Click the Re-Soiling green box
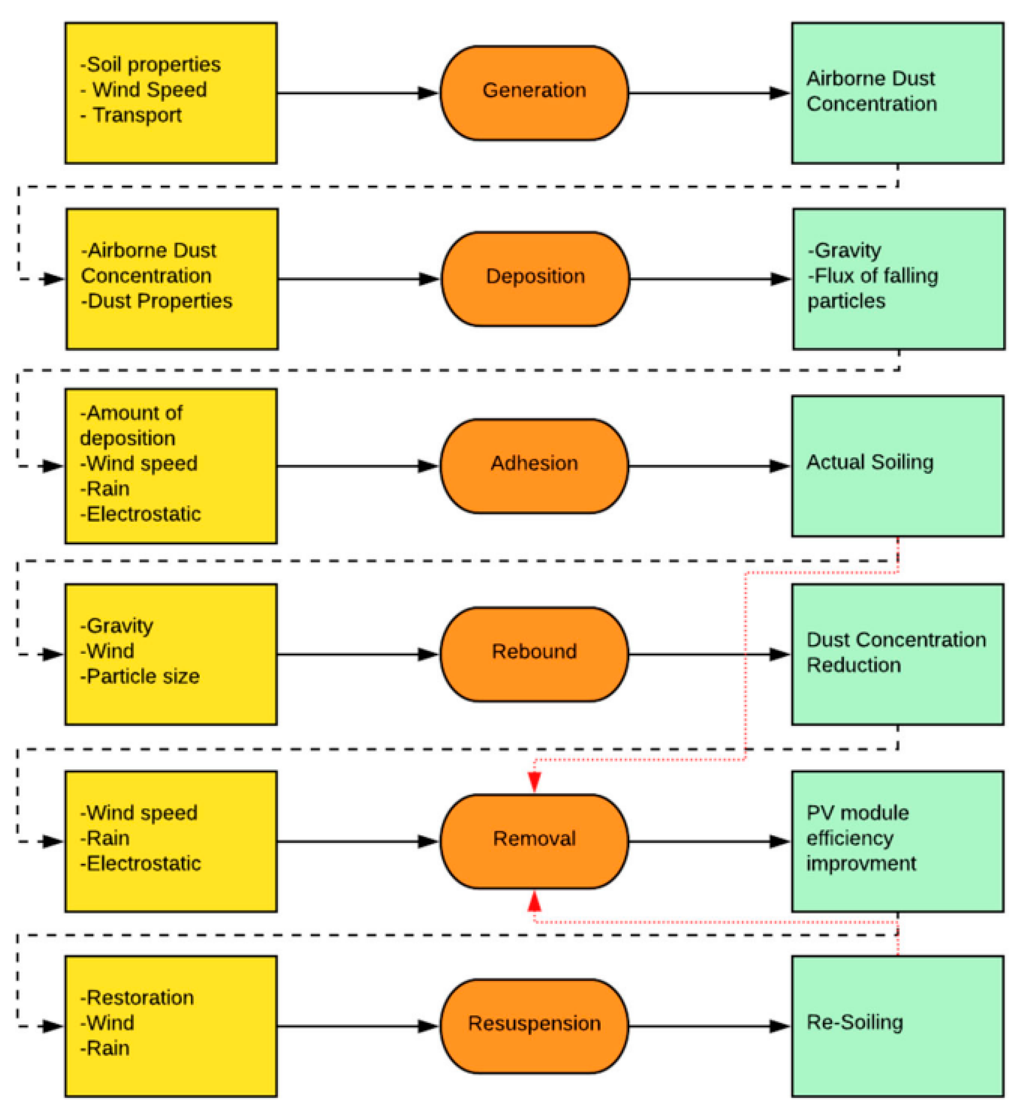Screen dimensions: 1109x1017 point(897,1025)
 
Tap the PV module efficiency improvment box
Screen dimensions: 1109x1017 point(897,841)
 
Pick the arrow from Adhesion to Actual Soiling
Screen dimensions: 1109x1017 point(710,466)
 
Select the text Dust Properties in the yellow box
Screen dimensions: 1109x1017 point(160,301)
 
